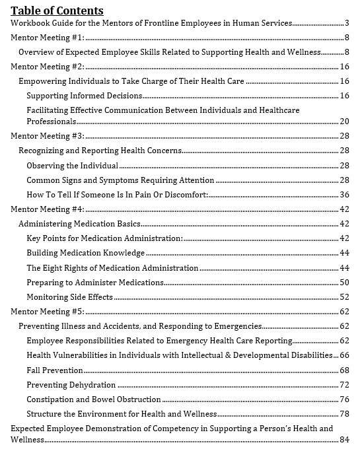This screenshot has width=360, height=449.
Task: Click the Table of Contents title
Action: point(57,10)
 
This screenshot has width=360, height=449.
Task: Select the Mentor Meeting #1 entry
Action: point(48,37)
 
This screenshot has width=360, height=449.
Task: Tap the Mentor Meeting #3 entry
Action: point(48,135)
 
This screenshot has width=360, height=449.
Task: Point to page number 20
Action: point(344,121)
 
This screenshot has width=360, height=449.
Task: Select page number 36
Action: point(344,194)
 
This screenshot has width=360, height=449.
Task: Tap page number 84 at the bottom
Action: point(344,439)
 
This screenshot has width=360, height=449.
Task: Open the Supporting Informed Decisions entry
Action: point(85,96)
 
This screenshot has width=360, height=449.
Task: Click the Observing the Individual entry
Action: point(73,165)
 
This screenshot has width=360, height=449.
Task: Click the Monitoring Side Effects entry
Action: point(70,297)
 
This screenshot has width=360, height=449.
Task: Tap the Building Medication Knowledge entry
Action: point(86,253)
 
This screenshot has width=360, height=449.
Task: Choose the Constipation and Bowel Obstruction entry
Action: point(94,399)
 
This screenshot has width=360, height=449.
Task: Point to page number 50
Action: point(344,283)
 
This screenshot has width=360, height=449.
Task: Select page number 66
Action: point(344,355)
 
